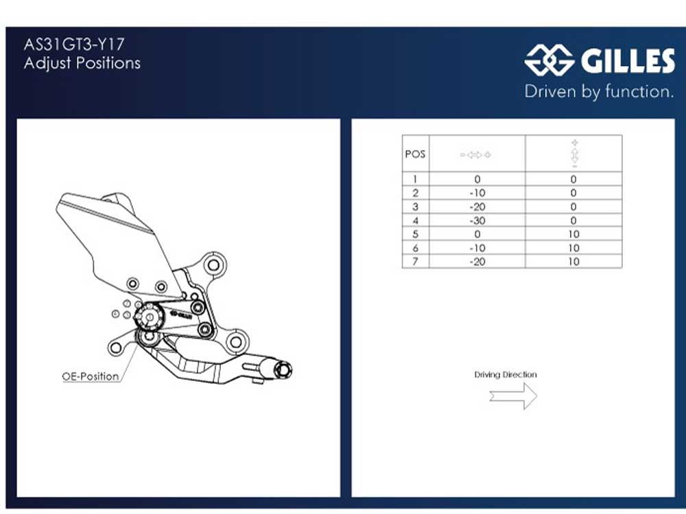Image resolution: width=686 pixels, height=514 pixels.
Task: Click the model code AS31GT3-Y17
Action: [74, 45]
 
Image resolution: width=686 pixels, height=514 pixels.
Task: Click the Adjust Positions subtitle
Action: [82, 63]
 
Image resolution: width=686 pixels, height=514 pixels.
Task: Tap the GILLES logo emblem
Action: [549, 60]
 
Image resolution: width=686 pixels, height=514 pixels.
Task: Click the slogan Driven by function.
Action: [599, 91]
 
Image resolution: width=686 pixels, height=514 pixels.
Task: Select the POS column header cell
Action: [415, 154]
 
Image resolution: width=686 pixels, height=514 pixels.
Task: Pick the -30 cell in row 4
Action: [477, 221]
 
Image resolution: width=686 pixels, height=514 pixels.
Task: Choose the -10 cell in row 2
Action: [477, 193]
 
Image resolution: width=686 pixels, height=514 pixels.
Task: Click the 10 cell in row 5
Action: [573, 234]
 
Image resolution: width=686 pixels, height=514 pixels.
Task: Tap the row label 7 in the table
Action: [415, 261]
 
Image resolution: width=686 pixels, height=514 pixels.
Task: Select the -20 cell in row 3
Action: [477, 207]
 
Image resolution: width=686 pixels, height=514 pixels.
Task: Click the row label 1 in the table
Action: [415, 180]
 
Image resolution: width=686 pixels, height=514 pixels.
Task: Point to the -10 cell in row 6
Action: [477, 248]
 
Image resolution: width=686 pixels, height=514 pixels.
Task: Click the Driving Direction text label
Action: [506, 375]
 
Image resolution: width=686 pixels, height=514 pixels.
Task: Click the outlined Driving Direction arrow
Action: [513, 395]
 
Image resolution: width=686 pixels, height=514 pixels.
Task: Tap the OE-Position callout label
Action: [91, 376]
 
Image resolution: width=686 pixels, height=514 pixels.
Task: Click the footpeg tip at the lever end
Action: [282, 371]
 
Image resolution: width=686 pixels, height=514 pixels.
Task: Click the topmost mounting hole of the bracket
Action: [213, 265]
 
